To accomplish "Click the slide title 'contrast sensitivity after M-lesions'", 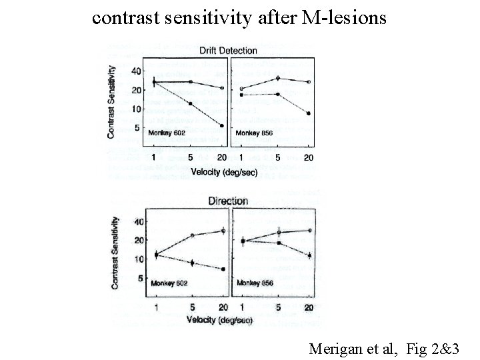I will click(239, 17).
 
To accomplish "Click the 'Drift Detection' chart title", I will click(228, 51).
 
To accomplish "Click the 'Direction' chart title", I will click(228, 201).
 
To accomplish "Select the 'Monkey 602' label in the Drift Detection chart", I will click(167, 133).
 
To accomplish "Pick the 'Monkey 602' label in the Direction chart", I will click(169, 283).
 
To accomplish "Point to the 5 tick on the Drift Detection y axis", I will click(138, 128).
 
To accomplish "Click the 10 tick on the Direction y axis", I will click(139, 259).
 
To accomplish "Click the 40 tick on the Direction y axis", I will click(139, 221).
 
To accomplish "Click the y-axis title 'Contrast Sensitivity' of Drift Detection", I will click(112, 101).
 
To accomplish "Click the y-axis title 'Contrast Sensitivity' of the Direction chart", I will click(115, 253).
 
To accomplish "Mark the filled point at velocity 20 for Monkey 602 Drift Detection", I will click(222, 125).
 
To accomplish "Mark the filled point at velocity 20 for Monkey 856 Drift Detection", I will click(309, 113).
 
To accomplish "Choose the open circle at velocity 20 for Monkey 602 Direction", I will click(223, 231).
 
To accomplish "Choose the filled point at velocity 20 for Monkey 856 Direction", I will click(309, 255).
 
